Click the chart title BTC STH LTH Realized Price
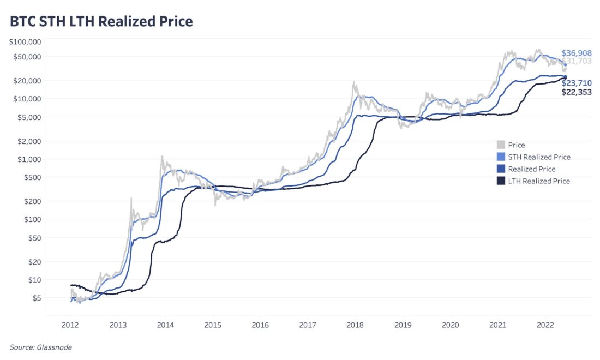[101, 22]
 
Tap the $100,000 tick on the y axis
[26, 41]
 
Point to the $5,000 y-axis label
[29, 117]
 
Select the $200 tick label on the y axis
[33, 201]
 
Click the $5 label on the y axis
[37, 298]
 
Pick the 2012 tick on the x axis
[70, 325]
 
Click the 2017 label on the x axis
[308, 325]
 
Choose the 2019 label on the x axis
[403, 325]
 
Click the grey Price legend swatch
[500, 145]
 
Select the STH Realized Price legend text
[539, 157]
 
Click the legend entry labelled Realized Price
[531, 169]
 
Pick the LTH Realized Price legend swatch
[500, 181]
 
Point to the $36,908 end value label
[576, 53]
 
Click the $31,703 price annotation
[576, 61]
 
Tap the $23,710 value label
[576, 83]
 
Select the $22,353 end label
[576, 92]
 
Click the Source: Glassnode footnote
[40, 347]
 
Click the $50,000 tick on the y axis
[28, 57]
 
